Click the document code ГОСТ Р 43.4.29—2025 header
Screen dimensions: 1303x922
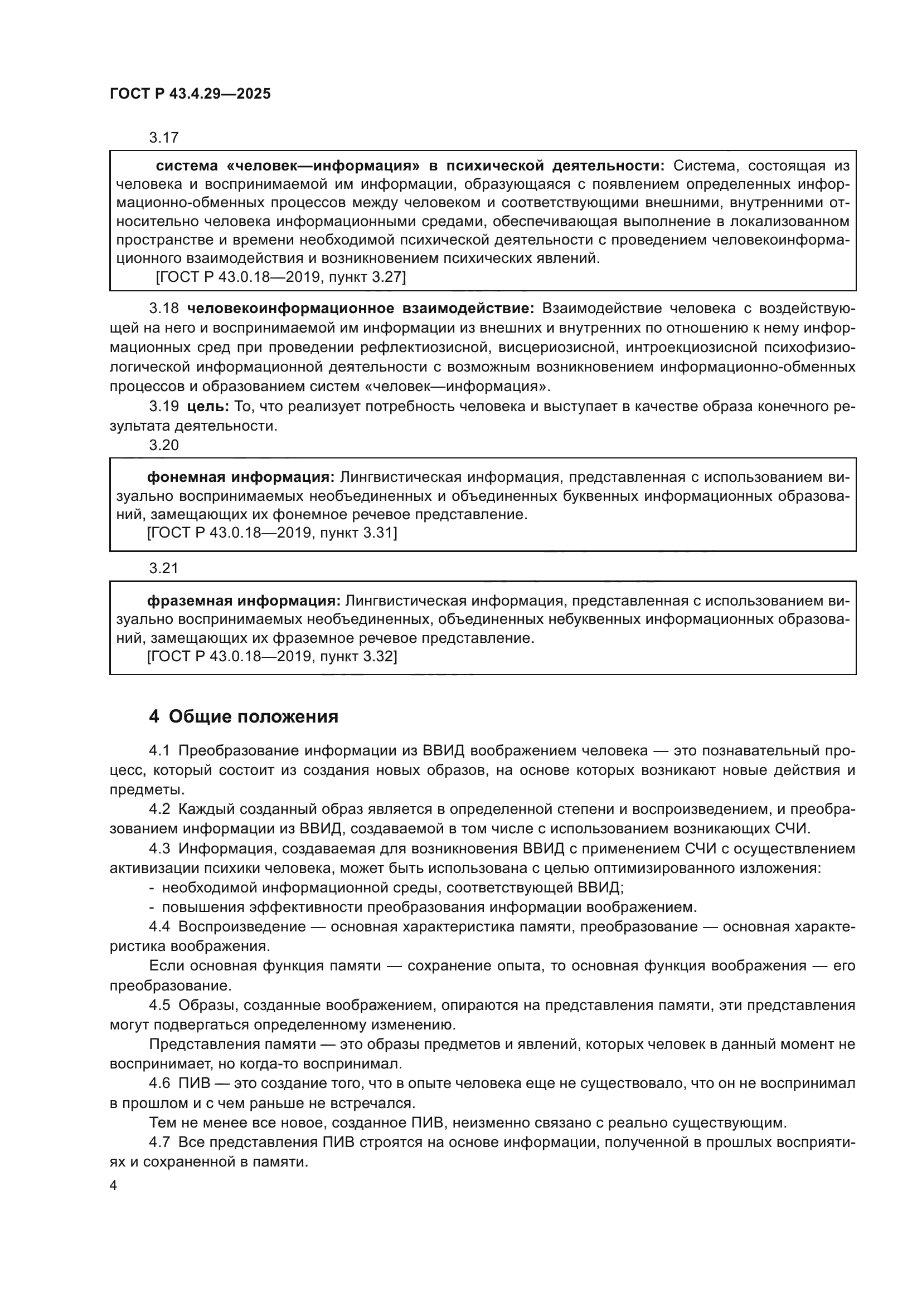coord(190,94)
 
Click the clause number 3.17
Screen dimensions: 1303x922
coord(163,138)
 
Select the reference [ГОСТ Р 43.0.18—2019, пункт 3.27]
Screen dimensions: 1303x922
coord(280,277)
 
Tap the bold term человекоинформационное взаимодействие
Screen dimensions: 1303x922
coord(361,308)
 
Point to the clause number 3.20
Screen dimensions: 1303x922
coord(163,445)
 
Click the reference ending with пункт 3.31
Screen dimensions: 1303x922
coord(272,533)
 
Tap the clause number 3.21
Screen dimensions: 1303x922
coord(163,568)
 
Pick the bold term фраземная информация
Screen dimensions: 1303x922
coord(244,601)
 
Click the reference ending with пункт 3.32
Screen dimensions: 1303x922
coord(272,657)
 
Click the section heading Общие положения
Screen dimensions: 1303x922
coord(253,717)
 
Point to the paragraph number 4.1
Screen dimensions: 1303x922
coord(159,750)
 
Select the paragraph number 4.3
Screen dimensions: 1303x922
coord(159,848)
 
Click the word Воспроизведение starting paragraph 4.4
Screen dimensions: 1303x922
coord(242,927)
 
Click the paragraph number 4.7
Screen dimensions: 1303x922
coord(159,1142)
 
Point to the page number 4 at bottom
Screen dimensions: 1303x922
coord(113,1185)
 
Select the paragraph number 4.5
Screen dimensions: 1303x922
coord(159,1005)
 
